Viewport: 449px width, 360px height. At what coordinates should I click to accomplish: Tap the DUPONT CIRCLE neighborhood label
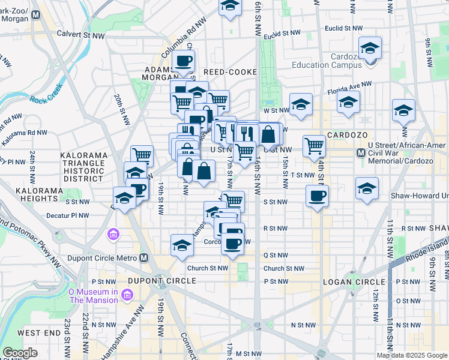pos(158,281)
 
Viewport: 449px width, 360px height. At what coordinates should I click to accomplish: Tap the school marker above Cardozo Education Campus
pos(370,47)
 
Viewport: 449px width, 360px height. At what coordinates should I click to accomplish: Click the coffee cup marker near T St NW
pos(317,195)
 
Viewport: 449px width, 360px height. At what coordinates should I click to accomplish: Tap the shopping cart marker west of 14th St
pos(314,145)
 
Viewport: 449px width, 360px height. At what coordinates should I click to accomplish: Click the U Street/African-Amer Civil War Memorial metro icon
pos(361,154)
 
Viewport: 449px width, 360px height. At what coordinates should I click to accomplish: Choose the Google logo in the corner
pos(20,353)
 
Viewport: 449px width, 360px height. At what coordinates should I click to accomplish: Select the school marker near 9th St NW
pos(404,110)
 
